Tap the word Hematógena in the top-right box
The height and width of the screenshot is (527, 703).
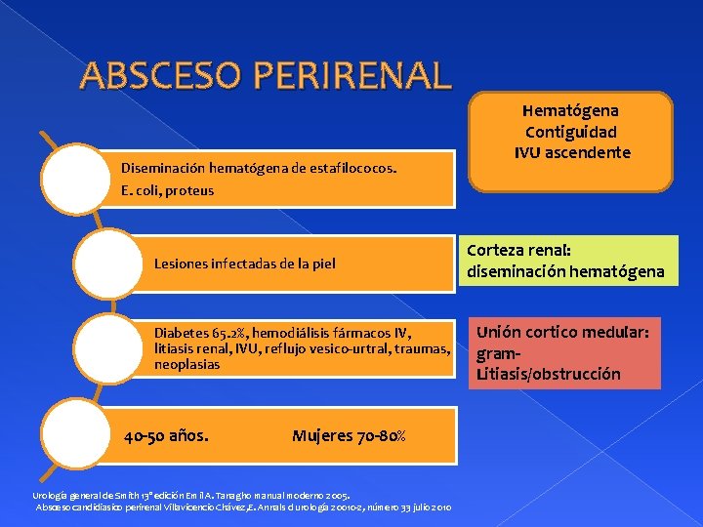571,111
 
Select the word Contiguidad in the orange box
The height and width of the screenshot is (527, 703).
571,132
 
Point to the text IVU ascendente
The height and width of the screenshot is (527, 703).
571,152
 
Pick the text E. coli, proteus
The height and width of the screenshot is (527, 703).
167,190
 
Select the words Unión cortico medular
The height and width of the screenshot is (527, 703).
562,332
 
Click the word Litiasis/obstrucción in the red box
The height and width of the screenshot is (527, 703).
549,374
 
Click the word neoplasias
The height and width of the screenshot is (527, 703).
187,364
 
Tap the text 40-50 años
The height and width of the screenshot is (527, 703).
166,435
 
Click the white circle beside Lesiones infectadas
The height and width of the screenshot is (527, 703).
109,263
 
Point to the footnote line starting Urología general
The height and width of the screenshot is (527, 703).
190,496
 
